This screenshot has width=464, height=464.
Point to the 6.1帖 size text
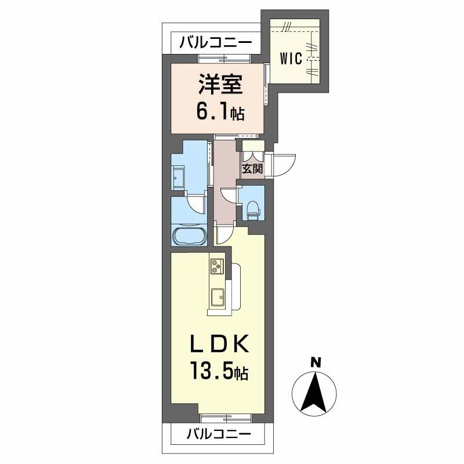point(219,112)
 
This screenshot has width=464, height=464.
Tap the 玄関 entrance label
point(252,169)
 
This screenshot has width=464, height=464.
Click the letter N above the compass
point(316,362)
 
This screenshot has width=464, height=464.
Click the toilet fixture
point(252,209)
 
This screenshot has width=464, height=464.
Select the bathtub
point(188,237)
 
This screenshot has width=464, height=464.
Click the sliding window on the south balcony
point(226,415)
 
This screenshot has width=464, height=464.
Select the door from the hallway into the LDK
point(224,233)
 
